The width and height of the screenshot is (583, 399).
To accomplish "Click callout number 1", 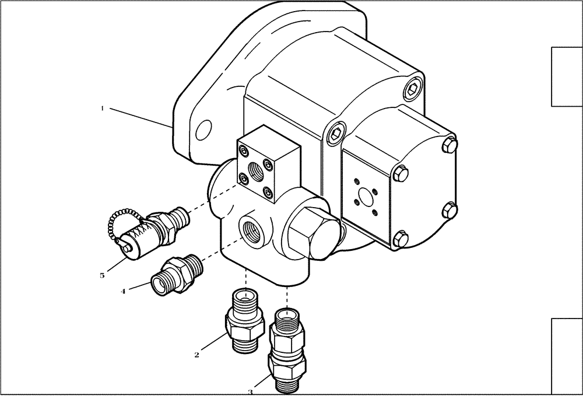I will pos(102,108).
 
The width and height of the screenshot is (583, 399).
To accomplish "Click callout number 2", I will pos(197,354).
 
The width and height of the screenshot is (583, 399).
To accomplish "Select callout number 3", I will pos(250,392).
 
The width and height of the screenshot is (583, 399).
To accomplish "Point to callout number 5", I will pos(102,275).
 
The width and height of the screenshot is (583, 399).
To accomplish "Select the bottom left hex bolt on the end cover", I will pos(399,237).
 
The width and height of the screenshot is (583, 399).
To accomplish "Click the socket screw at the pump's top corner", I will pos(415,88).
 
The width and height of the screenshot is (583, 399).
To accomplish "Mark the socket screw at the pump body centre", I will pos(335,135).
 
